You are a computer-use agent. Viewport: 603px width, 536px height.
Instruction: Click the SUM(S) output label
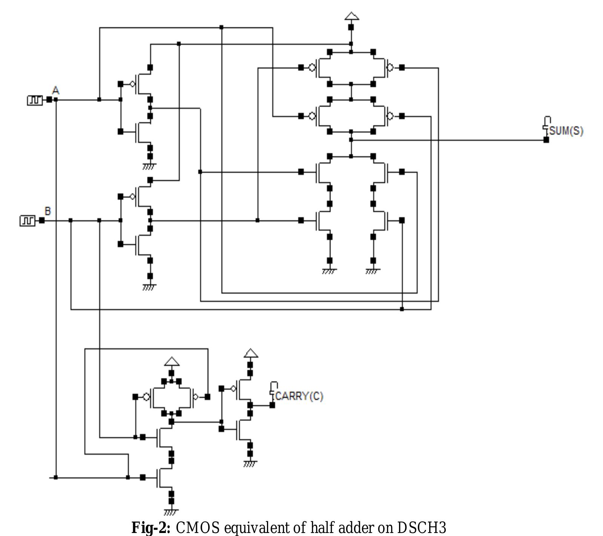[x=566, y=131]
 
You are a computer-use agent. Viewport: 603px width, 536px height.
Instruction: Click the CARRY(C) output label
[x=299, y=396]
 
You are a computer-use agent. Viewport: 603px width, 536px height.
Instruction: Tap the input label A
[x=55, y=91]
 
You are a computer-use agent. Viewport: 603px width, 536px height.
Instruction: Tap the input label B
[x=48, y=211]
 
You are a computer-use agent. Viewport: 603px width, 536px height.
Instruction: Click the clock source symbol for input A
[x=35, y=100]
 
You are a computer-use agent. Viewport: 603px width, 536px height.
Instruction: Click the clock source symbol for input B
[x=27, y=221]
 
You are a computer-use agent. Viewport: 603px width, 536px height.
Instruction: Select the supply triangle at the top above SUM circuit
[x=351, y=16]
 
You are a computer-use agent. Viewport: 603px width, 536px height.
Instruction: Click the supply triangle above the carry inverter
[x=251, y=353]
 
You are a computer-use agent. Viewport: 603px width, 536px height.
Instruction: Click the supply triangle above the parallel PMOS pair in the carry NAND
[x=172, y=362]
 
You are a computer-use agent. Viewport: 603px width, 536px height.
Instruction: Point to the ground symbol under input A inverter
[x=149, y=166]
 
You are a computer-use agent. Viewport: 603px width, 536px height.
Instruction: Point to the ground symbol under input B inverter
[x=149, y=287]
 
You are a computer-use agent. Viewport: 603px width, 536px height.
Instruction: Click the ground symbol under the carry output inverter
[x=250, y=464]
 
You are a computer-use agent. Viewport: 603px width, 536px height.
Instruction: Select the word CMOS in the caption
[x=197, y=527]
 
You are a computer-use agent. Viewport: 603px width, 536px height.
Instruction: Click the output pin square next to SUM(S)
[x=546, y=140]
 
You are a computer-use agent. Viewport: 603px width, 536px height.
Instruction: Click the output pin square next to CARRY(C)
[x=272, y=405]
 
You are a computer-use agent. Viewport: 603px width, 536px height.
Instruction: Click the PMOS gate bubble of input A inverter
[x=132, y=84]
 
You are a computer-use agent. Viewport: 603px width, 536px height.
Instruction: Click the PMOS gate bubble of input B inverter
[x=132, y=197]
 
